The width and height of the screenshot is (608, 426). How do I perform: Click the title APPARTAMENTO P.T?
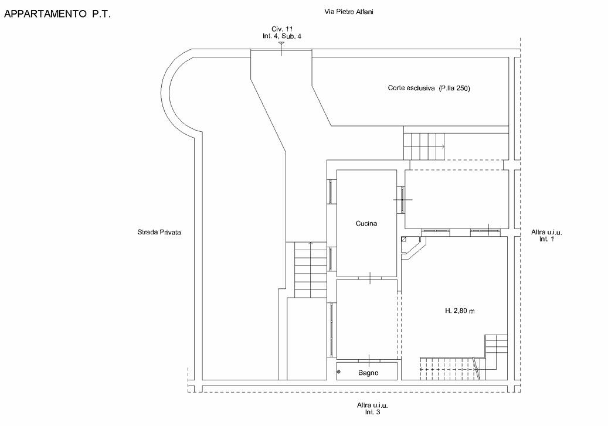[x=57, y=14]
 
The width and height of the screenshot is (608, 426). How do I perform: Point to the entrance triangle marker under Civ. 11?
[x=281, y=43]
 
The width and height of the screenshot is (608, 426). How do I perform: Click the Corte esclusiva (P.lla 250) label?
[x=429, y=88]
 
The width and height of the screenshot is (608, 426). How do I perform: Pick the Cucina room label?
[x=366, y=223]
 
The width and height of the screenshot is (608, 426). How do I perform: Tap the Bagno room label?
[x=368, y=373]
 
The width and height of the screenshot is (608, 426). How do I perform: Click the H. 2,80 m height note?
[x=459, y=311]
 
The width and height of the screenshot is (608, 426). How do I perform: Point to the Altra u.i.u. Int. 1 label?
[x=546, y=236]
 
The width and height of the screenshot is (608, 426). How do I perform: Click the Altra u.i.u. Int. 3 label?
[x=372, y=408]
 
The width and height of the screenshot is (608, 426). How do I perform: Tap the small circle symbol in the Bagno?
[x=338, y=372]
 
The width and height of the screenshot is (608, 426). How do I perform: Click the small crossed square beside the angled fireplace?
[x=404, y=239]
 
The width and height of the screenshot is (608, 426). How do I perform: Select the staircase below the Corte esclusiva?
[x=424, y=146]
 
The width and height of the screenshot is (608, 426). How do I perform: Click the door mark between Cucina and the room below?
[x=370, y=278]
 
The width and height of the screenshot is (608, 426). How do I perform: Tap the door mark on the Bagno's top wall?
[x=369, y=360]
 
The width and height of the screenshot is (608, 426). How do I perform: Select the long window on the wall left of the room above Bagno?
[x=332, y=329]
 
